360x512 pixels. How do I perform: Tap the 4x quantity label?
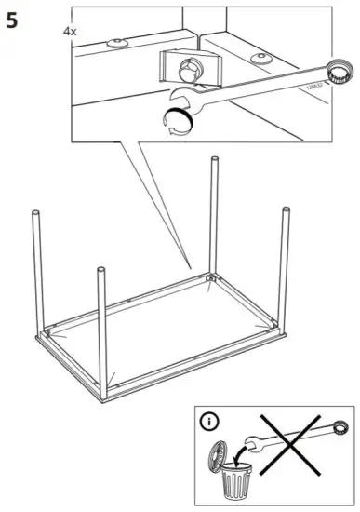point(70,31)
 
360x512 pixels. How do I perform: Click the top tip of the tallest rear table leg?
point(215,161)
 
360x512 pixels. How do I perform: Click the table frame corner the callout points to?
point(210,276)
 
